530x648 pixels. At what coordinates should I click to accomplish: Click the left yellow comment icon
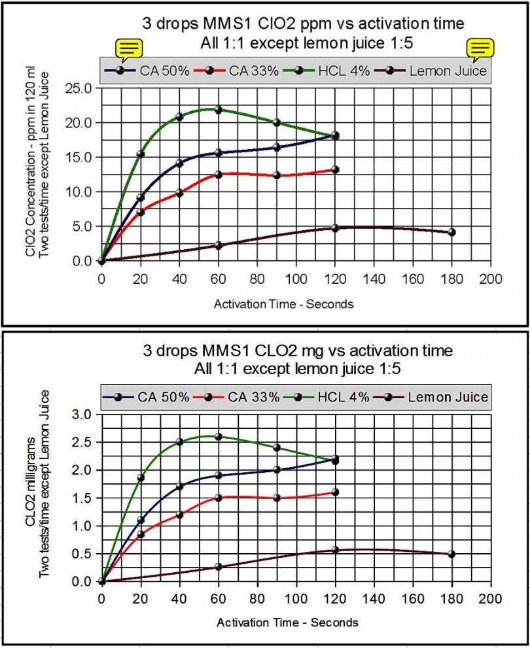129,48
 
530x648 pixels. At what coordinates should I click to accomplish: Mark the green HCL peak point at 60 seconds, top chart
219,110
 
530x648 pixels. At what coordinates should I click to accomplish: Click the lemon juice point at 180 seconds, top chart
451,232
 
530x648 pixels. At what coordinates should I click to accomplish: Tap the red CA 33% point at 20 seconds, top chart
140,212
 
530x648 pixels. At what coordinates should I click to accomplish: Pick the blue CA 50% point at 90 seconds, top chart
277,147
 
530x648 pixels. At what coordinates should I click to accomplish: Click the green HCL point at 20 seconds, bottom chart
140,478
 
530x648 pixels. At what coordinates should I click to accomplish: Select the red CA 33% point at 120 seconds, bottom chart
335,492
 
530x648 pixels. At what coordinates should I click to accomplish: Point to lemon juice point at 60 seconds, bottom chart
219,566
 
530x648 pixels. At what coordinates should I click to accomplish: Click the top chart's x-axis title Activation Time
283,304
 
